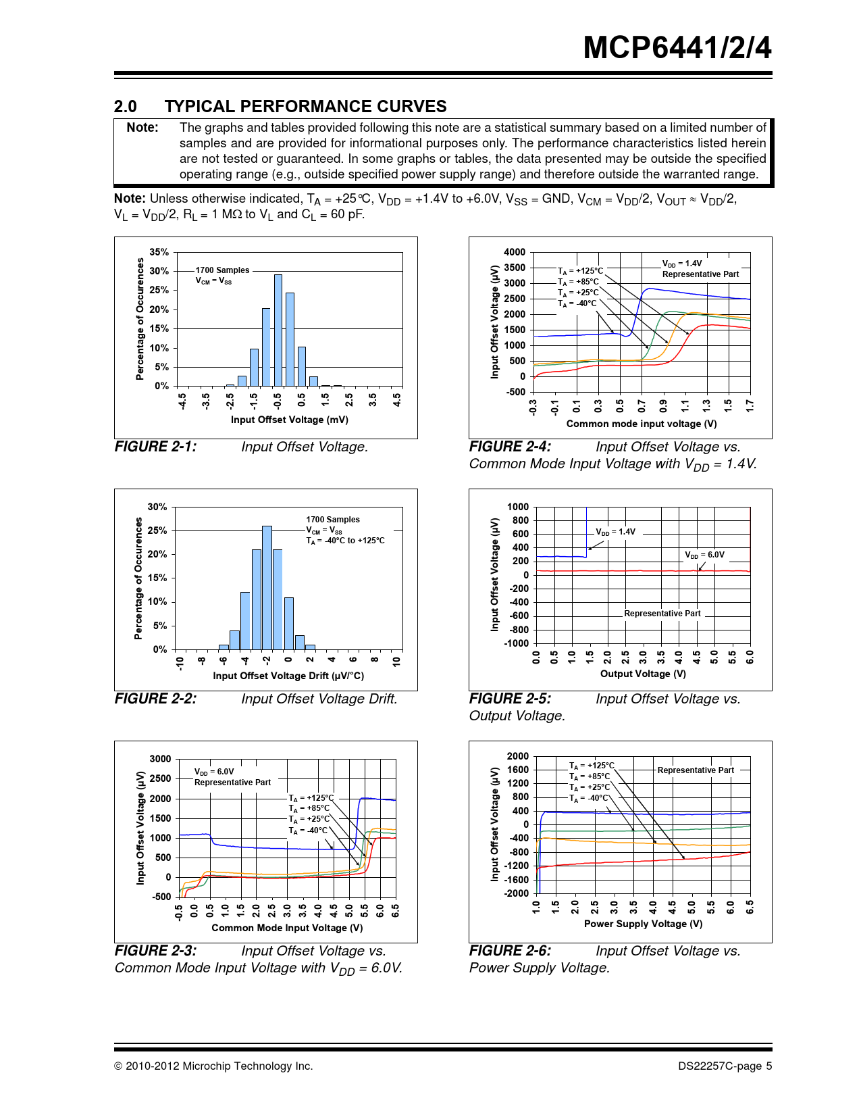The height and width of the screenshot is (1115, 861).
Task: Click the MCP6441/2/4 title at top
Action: click(x=677, y=48)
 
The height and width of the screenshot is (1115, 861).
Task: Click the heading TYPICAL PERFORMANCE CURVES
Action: click(x=305, y=106)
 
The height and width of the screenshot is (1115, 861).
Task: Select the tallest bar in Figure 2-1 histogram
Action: click(x=278, y=330)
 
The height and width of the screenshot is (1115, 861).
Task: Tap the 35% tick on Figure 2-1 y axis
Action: click(x=159, y=252)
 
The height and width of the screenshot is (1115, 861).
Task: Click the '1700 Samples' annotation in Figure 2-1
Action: click(x=222, y=270)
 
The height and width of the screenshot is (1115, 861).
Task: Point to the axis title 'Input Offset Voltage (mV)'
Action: click(x=290, y=420)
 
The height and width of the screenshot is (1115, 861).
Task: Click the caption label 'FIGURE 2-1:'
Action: click(x=156, y=447)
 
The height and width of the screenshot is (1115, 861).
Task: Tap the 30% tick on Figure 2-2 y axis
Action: click(x=157, y=507)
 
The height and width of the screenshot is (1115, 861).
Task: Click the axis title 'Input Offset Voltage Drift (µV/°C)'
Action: click(x=288, y=676)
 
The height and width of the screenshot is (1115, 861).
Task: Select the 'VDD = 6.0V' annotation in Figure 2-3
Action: click(x=214, y=772)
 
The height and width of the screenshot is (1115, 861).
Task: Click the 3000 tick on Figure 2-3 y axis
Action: click(x=161, y=759)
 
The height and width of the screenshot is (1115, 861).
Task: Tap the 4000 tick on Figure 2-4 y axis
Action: click(x=515, y=252)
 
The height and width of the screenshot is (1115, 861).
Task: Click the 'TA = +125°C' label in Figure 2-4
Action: click(x=580, y=271)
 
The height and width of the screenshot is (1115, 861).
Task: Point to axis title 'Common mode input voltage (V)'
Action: click(x=641, y=424)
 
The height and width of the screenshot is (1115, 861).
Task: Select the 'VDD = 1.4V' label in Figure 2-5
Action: click(x=615, y=532)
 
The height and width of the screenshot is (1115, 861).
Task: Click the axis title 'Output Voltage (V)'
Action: click(x=643, y=674)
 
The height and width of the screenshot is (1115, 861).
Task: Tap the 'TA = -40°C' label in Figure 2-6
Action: click(x=589, y=798)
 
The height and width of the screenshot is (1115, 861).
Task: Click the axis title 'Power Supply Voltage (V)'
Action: click(x=643, y=924)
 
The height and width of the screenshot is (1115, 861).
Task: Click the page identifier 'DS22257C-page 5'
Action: click(x=725, y=1066)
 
